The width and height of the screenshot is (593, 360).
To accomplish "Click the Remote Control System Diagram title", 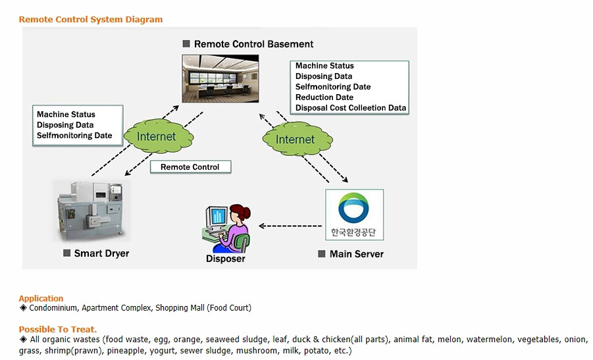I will pos(90,20).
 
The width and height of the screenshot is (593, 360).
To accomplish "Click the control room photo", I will pos(220,78).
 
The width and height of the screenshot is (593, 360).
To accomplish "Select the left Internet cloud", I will pos(157,137).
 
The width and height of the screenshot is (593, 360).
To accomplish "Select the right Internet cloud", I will pos(295,139).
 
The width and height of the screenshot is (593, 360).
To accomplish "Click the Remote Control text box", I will pos(190,167).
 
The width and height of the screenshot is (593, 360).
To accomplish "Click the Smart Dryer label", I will pos(101,253).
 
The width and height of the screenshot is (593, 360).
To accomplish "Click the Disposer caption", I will pos(226,259).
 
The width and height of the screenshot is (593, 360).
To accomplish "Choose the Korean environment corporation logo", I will pos(354,215).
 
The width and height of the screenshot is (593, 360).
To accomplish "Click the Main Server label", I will pos(356,253).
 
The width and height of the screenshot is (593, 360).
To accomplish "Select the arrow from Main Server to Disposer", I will pos(289,226).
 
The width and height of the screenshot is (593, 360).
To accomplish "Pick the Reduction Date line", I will pos(324,97).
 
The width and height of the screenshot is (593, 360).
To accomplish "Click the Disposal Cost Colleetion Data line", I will pos(351,108).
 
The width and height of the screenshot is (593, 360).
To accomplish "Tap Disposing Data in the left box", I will pos(65,125).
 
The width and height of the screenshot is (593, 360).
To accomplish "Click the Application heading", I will pos(41,298).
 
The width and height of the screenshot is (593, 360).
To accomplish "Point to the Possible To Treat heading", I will pos(58,329).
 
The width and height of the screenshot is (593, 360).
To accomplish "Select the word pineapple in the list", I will pos(124,351).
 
